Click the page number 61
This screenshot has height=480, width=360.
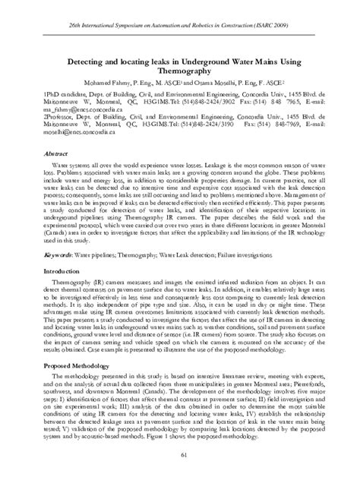[180, 454]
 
